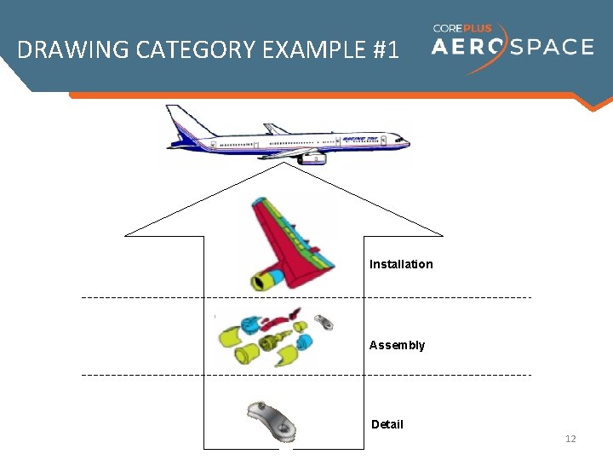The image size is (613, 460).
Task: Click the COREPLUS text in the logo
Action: (x=462, y=28)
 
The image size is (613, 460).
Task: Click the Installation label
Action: (x=401, y=264)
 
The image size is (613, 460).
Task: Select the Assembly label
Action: (x=397, y=345)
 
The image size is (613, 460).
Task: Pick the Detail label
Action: (x=387, y=424)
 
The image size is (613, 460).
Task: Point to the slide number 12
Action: (x=570, y=439)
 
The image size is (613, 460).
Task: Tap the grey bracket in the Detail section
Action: (x=270, y=419)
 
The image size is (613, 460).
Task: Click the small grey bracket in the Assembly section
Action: (x=324, y=322)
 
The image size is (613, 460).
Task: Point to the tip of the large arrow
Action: (x=284, y=164)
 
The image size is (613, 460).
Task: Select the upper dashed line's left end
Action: (x=83, y=297)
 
